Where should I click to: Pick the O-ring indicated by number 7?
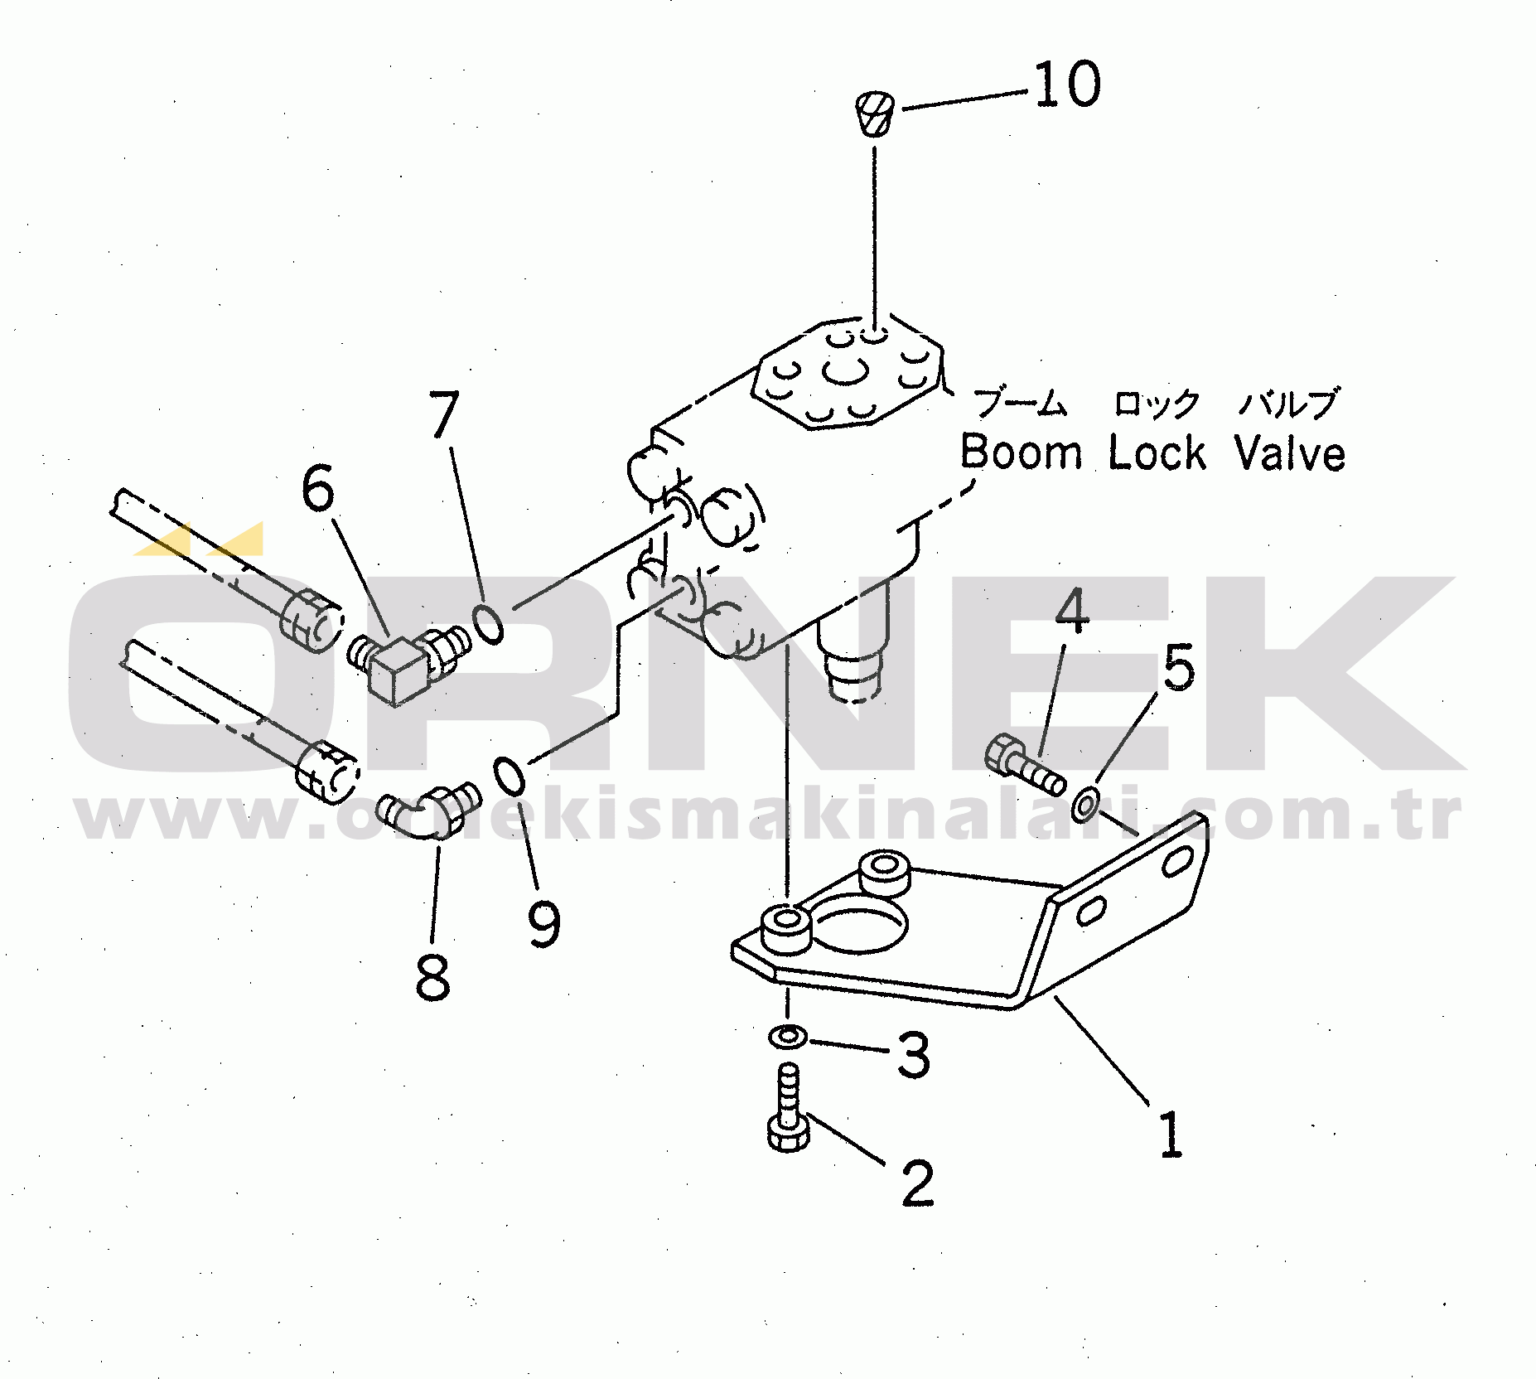(x=488, y=623)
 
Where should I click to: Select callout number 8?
(x=432, y=976)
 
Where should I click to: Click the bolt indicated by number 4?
(x=1023, y=764)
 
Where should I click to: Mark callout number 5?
(x=1179, y=668)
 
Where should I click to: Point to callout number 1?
(x=1170, y=1135)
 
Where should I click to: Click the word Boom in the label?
(x=1021, y=453)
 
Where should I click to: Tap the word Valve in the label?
(x=1289, y=453)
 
